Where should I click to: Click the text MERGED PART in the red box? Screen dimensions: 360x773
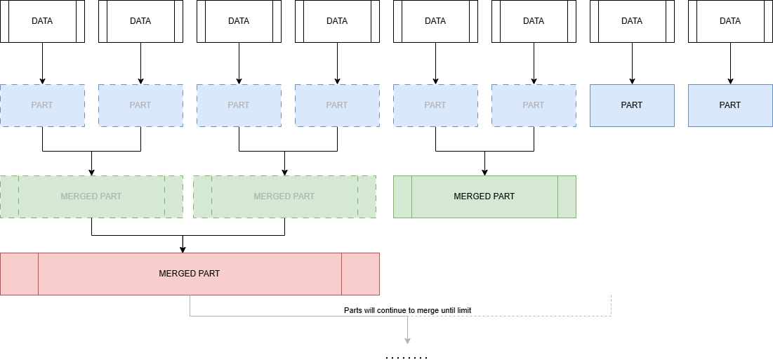(x=189, y=274)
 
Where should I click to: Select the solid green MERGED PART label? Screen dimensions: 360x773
(x=484, y=196)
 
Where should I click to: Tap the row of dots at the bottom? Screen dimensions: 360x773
(x=407, y=358)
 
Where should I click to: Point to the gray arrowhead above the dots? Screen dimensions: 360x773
(x=407, y=340)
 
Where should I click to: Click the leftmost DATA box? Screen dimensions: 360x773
(x=42, y=21)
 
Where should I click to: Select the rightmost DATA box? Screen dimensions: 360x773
(x=730, y=21)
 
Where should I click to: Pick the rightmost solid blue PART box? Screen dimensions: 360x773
(x=730, y=105)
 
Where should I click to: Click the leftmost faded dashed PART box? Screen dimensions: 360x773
(x=42, y=105)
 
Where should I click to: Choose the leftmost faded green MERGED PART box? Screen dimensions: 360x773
(x=91, y=196)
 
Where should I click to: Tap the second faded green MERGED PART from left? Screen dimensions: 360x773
(x=284, y=196)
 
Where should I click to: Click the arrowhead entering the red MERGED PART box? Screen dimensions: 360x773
(x=183, y=248)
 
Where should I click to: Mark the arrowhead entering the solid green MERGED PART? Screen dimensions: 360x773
(x=484, y=171)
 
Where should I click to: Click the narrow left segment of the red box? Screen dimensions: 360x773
(x=19, y=274)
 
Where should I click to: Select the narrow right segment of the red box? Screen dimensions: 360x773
(x=360, y=274)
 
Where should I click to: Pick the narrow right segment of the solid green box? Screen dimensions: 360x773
(x=567, y=196)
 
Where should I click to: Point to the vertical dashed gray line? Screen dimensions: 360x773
(x=611, y=305)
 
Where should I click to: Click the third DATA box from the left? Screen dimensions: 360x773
(x=239, y=21)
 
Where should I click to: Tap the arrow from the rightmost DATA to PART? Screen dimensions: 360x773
(x=730, y=63)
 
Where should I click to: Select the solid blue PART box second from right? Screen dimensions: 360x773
(x=632, y=105)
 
